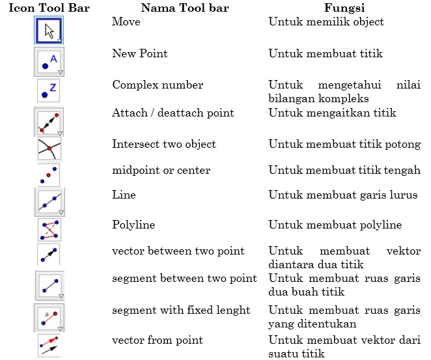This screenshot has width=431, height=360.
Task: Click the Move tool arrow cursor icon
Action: (49, 30)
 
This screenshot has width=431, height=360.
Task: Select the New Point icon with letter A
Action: (49, 62)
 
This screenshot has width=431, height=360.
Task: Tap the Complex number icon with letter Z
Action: (49, 90)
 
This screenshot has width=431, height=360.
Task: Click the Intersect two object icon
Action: (49, 148)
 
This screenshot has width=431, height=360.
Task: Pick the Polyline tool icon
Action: (49, 230)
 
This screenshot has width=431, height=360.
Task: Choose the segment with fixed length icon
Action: (49, 317)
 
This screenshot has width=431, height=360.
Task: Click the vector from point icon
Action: (49, 345)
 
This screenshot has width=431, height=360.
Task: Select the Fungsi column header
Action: (344, 8)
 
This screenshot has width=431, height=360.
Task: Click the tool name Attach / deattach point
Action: (173, 113)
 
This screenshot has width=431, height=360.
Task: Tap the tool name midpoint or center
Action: (161, 171)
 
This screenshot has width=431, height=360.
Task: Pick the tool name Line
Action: (122, 195)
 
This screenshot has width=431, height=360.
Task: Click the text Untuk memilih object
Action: (326, 22)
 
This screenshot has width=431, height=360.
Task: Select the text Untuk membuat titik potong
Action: (344, 145)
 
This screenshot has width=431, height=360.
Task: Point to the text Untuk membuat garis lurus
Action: (343, 195)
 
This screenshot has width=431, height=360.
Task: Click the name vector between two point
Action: (178, 251)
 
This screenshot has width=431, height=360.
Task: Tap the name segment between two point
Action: (184, 279)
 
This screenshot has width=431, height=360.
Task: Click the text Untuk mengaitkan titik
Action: (332, 113)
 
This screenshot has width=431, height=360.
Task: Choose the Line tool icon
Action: (49, 202)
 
